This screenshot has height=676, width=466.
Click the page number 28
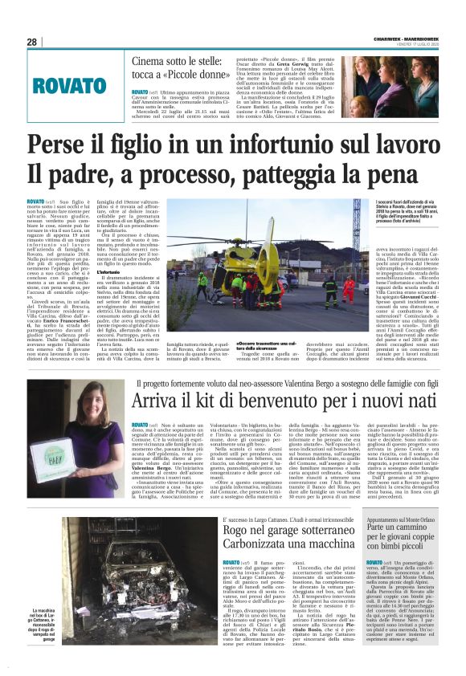32,42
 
